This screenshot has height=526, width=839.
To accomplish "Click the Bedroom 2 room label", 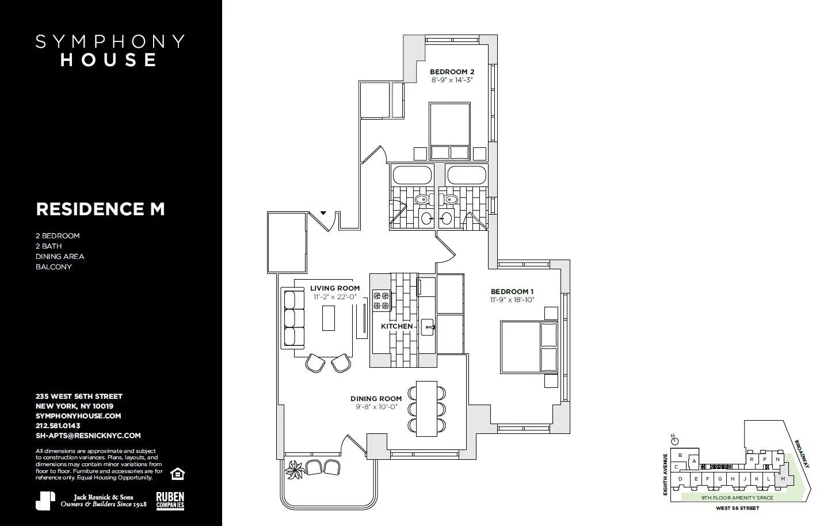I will pos(452,72).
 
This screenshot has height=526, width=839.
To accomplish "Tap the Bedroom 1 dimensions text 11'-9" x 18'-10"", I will pos(512,300).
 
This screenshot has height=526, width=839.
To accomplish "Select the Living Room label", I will pos(335,288).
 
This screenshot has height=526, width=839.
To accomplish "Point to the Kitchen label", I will pos(397,326).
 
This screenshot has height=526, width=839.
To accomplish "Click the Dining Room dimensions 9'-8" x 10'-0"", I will pos(376,407).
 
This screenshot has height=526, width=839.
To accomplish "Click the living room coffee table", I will pos(329,318).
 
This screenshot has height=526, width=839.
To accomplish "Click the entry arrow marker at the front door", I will pos(323,213).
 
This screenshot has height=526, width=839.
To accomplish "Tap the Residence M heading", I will pos(100,209).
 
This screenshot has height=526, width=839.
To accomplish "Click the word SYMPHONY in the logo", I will pos(110,41).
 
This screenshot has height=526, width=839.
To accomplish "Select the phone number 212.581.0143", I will pos(58,426).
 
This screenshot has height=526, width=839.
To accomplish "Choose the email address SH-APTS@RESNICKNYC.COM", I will pos(88,436).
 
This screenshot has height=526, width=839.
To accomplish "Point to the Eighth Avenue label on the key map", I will pos(665,474).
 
